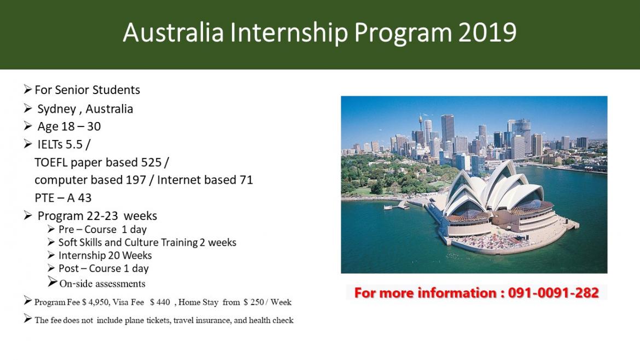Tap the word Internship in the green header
(x=289, y=33)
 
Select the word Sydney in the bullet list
(x=57, y=109)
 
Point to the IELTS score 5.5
(x=74, y=144)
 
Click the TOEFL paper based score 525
(x=151, y=162)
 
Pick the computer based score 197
(x=136, y=180)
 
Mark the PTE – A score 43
(x=84, y=198)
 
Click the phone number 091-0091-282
(x=554, y=293)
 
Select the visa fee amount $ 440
(x=160, y=303)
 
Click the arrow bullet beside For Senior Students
(x=28, y=89)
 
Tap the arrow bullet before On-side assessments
(x=53, y=282)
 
